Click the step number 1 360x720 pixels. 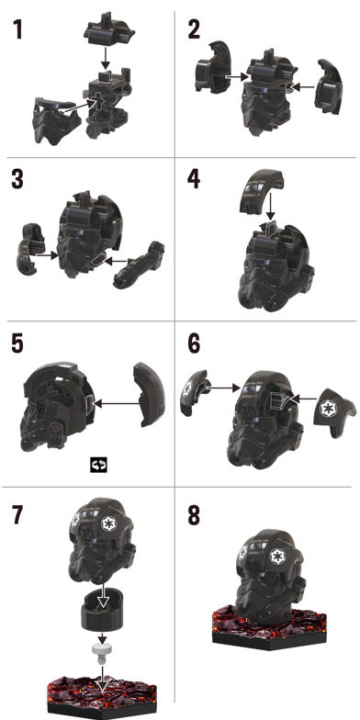coord(17,29)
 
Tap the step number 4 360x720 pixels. coord(193,178)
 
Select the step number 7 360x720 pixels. coord(17,515)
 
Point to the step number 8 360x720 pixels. coord(194,515)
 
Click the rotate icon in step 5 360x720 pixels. coord(98,465)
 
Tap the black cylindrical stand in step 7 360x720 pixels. coord(102,610)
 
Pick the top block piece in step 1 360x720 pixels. coord(108,32)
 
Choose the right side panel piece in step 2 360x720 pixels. coord(331,86)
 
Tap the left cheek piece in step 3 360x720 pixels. coord(29,248)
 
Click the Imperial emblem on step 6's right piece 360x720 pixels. coord(328,407)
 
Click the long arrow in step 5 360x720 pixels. coord(116,404)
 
